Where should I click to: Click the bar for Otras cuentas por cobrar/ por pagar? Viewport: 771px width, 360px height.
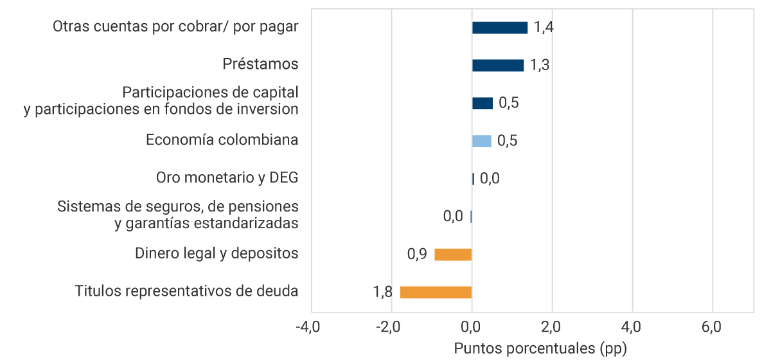click(x=499, y=28)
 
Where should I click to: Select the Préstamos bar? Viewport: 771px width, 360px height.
click(x=497, y=65)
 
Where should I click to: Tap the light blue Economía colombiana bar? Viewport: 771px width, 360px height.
click(x=481, y=141)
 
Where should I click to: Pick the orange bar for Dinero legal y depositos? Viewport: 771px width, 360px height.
click(x=453, y=255)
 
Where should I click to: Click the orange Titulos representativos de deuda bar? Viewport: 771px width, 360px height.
click(x=436, y=292)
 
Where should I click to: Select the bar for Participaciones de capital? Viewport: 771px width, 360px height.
click(x=482, y=103)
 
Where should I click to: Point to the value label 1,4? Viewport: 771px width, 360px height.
click(x=544, y=28)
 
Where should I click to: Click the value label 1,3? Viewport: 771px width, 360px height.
click(x=540, y=65)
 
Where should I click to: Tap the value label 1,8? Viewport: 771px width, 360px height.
click(x=383, y=292)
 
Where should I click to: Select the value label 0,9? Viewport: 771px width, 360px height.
click(x=417, y=255)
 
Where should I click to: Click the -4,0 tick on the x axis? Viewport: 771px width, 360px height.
click(x=308, y=327)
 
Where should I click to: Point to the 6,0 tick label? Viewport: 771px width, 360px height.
click(x=711, y=327)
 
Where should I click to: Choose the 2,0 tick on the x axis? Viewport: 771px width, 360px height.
click(x=551, y=327)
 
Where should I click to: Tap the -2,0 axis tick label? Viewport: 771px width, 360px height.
click(x=388, y=327)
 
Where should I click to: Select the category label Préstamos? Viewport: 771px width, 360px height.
click(x=260, y=64)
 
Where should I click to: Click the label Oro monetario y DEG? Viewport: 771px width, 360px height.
click(x=227, y=177)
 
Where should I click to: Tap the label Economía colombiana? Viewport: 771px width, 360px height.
click(x=222, y=139)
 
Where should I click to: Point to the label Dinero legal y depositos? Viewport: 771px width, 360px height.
click(x=217, y=253)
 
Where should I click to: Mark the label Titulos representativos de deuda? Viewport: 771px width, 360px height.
click(x=186, y=291)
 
